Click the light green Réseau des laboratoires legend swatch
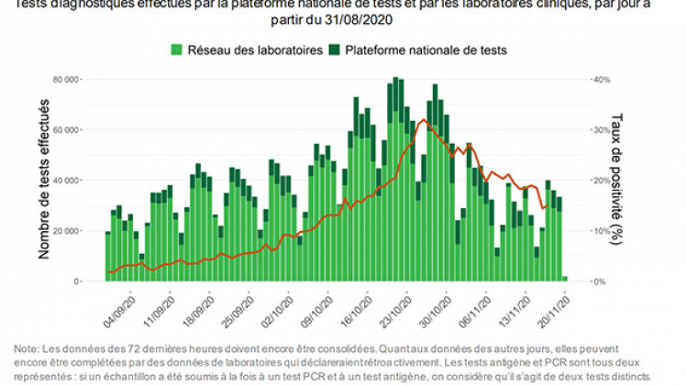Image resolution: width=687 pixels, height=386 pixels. [x=178, y=50]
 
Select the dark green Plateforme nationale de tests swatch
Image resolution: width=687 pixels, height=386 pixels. [x=336, y=50]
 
